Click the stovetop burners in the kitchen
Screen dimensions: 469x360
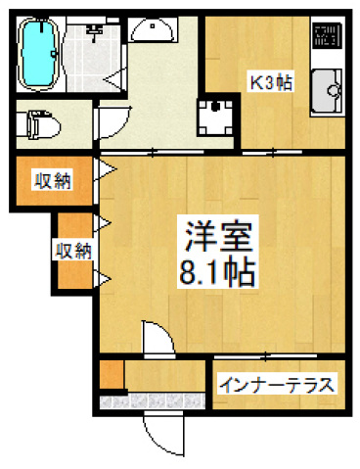pyautogui.click(x=325, y=37)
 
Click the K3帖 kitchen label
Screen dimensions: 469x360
pyautogui.click(x=269, y=83)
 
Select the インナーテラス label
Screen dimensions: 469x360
pyautogui.click(x=278, y=383)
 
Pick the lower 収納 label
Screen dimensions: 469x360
pyautogui.click(x=72, y=252)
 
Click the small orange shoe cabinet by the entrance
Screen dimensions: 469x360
pyautogui.click(x=111, y=375)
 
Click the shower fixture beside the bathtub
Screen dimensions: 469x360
pyautogui.click(x=94, y=33)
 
